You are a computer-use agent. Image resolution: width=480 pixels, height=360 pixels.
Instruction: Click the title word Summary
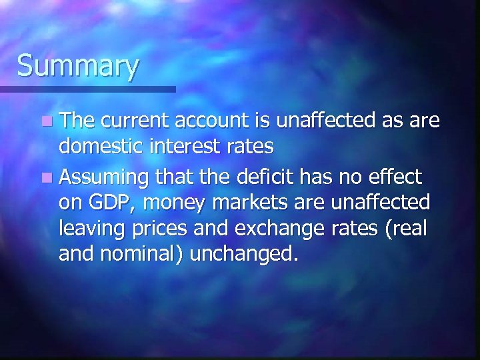[78, 67]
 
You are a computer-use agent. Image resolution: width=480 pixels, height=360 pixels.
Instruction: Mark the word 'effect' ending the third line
[396, 177]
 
